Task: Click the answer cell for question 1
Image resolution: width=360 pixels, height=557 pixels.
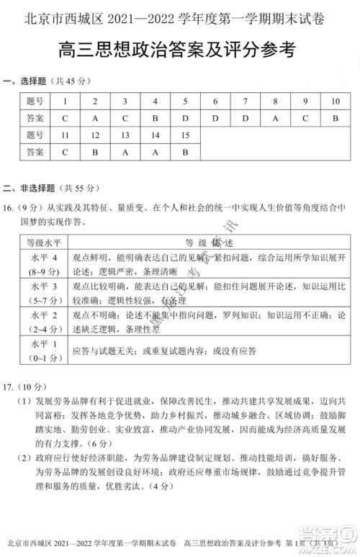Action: pyautogui.click(x=65, y=118)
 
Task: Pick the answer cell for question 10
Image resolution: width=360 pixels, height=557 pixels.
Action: pyautogui.click(x=335, y=118)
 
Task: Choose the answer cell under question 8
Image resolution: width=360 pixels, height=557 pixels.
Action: pyautogui.click(x=275, y=118)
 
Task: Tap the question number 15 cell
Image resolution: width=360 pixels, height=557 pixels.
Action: pyautogui.click(x=185, y=135)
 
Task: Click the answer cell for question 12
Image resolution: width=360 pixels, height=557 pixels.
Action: pyautogui.click(x=95, y=152)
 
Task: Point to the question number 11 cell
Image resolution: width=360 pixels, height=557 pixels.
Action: pyautogui.click(x=65, y=135)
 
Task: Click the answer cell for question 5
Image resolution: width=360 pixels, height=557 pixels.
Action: pyautogui.click(x=185, y=118)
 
